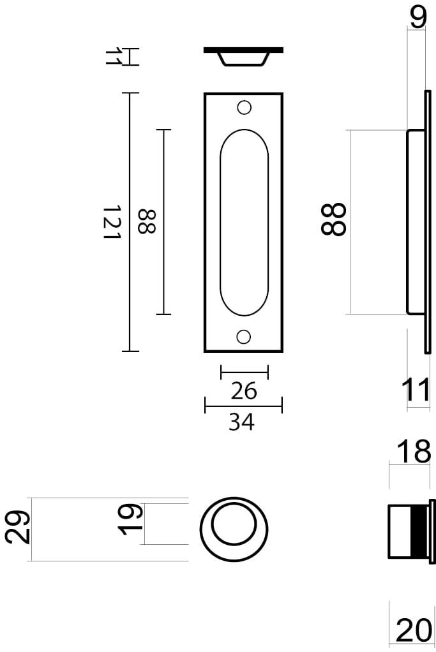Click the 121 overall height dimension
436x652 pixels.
click(112, 222)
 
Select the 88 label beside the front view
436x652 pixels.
click(146, 222)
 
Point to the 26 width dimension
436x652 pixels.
click(243, 390)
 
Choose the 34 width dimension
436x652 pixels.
click(243, 421)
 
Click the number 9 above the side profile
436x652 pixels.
click(417, 17)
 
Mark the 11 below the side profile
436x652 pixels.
click(417, 390)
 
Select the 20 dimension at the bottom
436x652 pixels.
click(414, 631)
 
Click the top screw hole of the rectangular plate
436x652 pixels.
click(243, 107)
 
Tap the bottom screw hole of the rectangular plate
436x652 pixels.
click(243, 336)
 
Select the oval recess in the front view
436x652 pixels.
click(243, 222)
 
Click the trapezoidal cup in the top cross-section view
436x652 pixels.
click(243, 58)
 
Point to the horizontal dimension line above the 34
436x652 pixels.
click(243, 405)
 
